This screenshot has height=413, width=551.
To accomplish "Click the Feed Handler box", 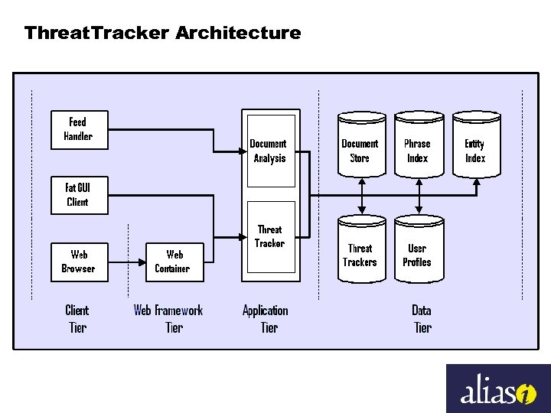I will (x=77, y=129).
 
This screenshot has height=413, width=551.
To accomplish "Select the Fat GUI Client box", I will (x=77, y=195).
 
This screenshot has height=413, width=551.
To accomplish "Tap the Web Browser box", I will (x=78, y=262).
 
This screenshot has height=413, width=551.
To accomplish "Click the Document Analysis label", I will (x=269, y=151).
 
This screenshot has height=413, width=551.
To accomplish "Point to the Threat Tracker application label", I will (x=269, y=236).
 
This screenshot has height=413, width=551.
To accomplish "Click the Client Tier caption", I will (x=77, y=319).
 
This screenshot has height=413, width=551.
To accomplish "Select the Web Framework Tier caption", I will (x=168, y=319).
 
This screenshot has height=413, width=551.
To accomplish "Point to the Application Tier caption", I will (x=266, y=319).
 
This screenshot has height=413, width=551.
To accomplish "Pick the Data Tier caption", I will (x=422, y=319).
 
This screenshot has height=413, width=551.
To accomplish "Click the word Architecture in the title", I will (x=238, y=33).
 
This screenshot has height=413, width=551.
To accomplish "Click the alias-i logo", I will (x=498, y=389).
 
